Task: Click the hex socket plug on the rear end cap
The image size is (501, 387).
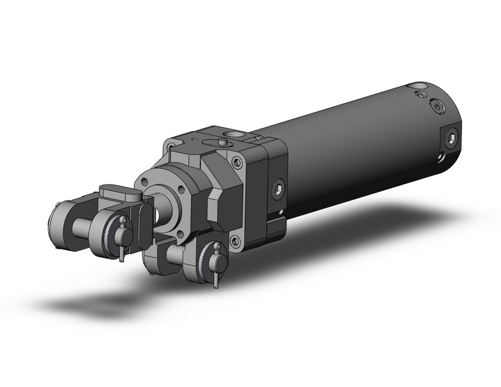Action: (x=450, y=137)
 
